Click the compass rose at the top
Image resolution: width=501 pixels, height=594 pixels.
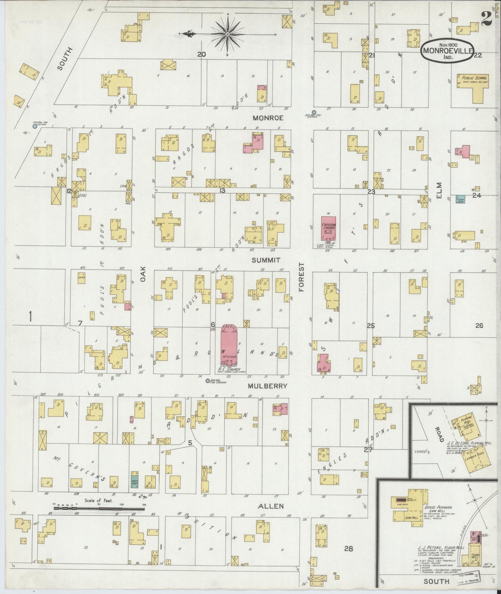227,34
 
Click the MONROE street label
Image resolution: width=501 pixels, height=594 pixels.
268,118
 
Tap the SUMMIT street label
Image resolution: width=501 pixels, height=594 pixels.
266,260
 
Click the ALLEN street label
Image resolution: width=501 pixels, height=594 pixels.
271,506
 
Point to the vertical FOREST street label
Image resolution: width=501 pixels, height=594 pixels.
301,277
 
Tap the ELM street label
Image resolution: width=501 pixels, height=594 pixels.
440,191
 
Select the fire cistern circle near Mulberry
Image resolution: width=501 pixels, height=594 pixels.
208,381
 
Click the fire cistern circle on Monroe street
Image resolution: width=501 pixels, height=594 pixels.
314,112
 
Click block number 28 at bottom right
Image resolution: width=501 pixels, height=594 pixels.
348,549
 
